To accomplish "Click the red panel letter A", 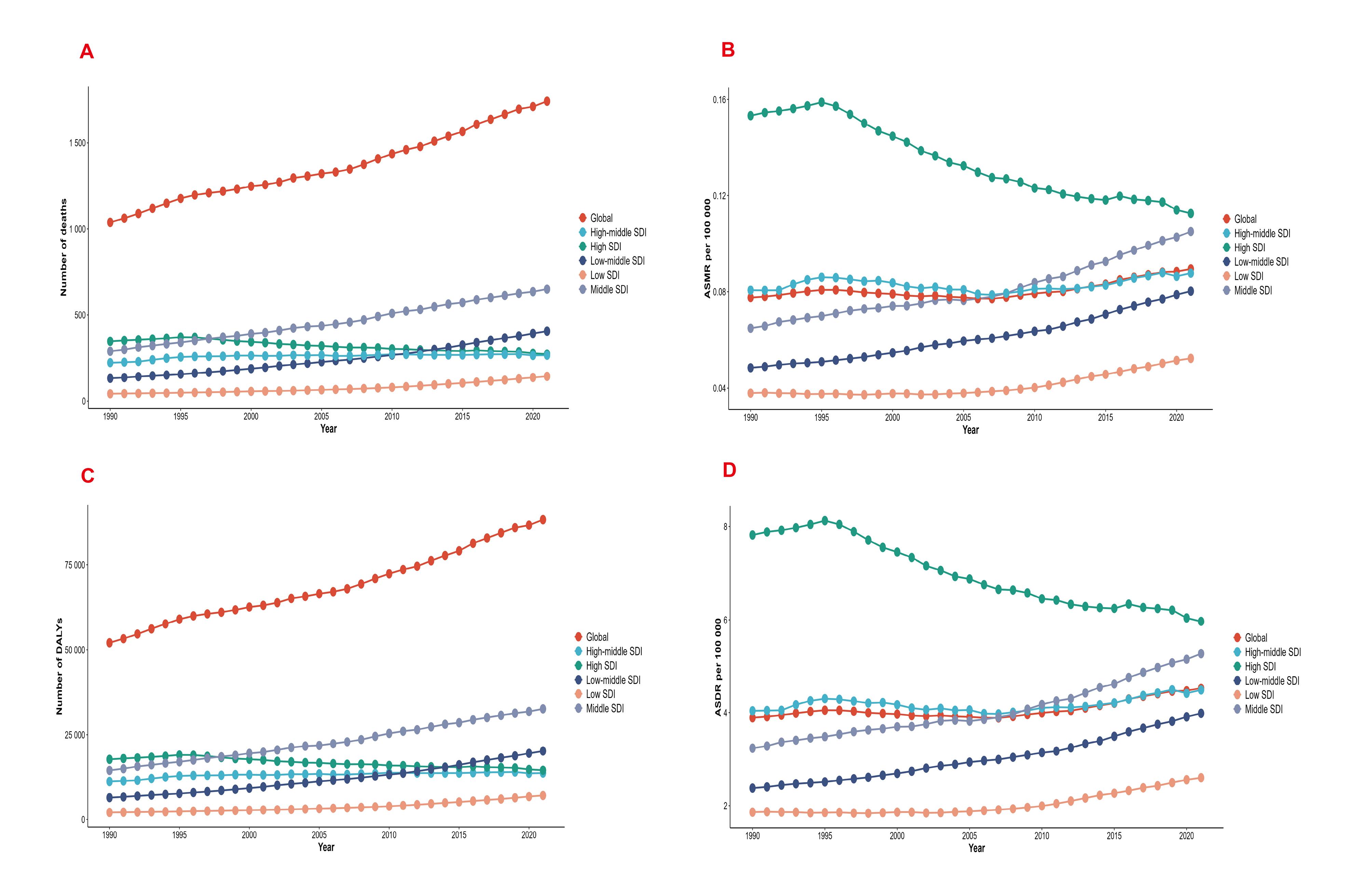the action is (87, 52).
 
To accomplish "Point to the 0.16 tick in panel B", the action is (719, 100).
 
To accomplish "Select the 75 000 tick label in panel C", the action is (75, 565).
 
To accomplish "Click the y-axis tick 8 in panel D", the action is (725, 526).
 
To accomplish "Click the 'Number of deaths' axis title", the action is (64, 247).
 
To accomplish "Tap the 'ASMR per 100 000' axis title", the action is (707, 248).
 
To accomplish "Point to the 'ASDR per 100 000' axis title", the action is (718, 667).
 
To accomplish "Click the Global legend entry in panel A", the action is (595, 218).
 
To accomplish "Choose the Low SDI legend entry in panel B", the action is (1243, 276).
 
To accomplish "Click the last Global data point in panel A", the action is (547, 101).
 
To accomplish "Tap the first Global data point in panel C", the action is (109, 643).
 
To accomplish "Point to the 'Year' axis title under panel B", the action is (970, 430).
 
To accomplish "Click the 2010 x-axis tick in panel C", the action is (389, 835).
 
